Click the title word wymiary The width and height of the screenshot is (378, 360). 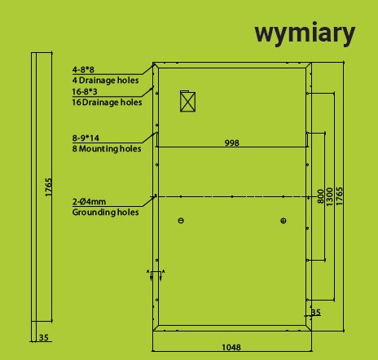coord(305,33)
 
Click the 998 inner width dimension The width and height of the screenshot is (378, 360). coord(232,143)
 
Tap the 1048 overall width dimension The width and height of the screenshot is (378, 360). coord(231,347)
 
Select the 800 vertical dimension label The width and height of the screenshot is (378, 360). coord(321,196)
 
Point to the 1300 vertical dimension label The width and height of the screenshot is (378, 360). coord(329,196)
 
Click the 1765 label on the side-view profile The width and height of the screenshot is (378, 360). coord(48,187)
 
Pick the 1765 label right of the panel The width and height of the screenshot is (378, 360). coord(339,196)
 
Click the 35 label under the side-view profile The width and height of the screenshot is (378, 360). coord(44,337)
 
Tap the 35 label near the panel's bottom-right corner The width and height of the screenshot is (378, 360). coord(315,312)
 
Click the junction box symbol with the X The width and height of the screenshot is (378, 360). coord(187,101)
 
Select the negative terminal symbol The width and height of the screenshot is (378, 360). coord(181,221)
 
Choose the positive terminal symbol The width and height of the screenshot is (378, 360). coord(283,221)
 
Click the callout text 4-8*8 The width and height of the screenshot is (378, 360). coord(83,70)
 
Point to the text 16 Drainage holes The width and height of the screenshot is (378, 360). coord(107,103)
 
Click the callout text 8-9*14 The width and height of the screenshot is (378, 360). coord(86,138)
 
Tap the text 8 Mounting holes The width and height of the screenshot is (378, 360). coord(107,149)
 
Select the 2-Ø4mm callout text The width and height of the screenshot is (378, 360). coord(89,202)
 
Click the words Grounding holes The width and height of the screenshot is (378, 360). coord(106,212)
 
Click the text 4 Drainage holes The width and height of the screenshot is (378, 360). coord(106,81)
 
